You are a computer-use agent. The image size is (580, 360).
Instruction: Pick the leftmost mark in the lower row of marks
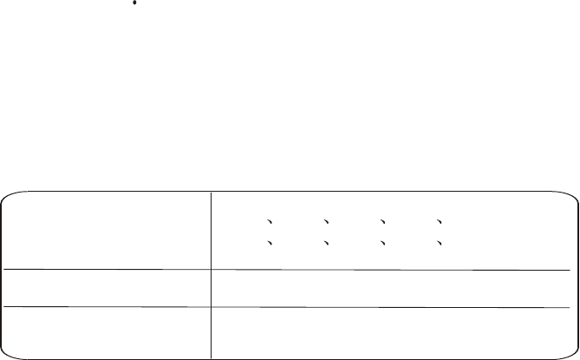tap(270, 244)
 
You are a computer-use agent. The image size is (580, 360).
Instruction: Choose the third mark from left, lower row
tap(384, 244)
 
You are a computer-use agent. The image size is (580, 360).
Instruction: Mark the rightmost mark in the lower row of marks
tap(440, 244)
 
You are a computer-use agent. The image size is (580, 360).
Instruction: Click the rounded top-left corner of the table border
tap(5, 194)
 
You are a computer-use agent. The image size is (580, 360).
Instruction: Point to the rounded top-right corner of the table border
tap(573, 194)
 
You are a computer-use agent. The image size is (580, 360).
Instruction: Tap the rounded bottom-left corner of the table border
tap(5, 354)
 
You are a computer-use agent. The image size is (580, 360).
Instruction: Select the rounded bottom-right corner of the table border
tap(573, 354)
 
